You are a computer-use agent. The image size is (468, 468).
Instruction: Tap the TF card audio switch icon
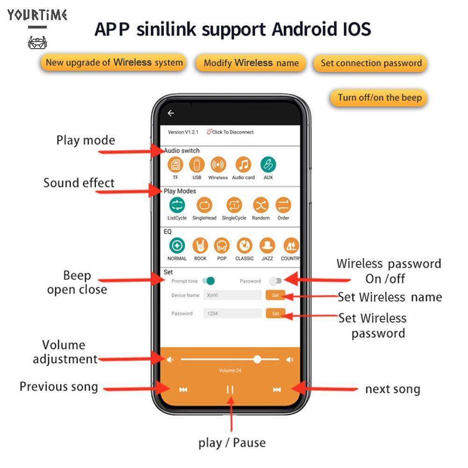coord(175,165)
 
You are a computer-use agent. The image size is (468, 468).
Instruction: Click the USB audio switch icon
coord(197,165)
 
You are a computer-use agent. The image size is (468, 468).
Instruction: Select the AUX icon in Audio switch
coord(268,165)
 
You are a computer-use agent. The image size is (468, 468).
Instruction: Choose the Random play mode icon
coord(261,205)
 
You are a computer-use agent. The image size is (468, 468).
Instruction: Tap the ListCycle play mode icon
coord(177,205)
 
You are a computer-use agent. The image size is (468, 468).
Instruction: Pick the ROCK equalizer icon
coord(201,245)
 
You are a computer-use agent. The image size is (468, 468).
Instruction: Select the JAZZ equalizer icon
coord(267,245)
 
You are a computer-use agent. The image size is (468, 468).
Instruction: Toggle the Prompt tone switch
coord(208,281)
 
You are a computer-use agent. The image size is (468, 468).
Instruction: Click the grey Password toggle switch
coord(275,281)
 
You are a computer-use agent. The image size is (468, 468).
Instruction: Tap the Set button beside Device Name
coord(275,295)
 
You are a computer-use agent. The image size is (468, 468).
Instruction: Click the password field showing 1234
coord(232,313)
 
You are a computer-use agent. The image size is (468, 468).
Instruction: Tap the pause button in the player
coord(230,389)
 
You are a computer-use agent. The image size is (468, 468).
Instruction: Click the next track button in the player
coord(277,389)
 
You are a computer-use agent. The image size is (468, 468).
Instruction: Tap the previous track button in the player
coord(183,389)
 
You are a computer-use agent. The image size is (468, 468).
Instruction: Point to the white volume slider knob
coord(257,359)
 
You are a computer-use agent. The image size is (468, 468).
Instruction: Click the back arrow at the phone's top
coord(171,113)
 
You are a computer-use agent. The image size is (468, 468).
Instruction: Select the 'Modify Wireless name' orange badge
coord(251,63)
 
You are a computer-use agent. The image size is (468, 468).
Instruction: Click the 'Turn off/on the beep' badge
coord(379,98)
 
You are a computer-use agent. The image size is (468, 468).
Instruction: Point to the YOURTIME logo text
coord(37,15)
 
